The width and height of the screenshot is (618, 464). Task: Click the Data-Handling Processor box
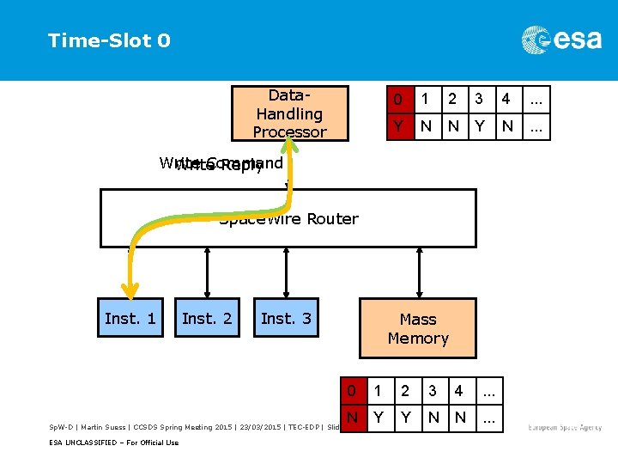pyautogui.click(x=289, y=113)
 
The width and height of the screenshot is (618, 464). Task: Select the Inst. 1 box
pyautogui.click(x=130, y=319)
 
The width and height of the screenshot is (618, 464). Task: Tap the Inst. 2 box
pyautogui.click(x=207, y=319)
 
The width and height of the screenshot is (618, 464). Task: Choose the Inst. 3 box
pyautogui.click(x=286, y=319)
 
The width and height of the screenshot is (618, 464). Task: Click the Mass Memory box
pyautogui.click(x=418, y=328)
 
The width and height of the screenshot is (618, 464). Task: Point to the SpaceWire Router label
pyautogui.click(x=288, y=219)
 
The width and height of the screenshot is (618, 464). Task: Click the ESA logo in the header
pyautogui.click(x=561, y=40)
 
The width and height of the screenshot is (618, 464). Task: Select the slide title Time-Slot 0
pyautogui.click(x=109, y=40)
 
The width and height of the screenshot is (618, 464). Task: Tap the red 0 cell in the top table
pyautogui.click(x=397, y=99)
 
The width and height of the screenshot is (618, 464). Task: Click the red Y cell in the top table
pyautogui.click(x=397, y=126)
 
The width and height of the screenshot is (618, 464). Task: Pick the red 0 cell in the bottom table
pyautogui.click(x=351, y=391)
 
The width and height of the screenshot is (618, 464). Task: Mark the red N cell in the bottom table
pyautogui.click(x=351, y=418)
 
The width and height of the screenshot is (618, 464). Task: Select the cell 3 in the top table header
pyautogui.click(x=479, y=99)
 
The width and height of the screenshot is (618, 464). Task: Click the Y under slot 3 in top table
pyautogui.click(x=479, y=126)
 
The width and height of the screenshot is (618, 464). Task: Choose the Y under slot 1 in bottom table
pyautogui.click(x=377, y=418)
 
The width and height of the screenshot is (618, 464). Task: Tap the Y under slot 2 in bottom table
pyautogui.click(x=404, y=418)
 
